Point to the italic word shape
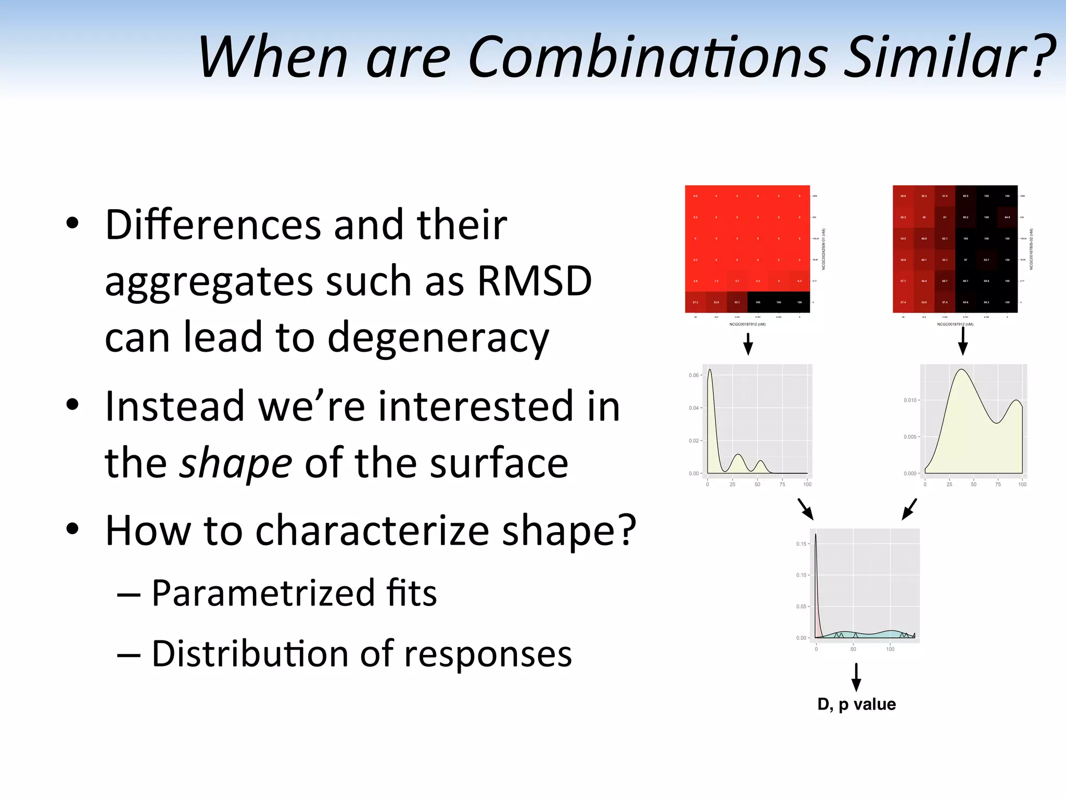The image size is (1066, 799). tap(235, 463)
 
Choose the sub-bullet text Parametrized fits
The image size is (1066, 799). tap(294, 593)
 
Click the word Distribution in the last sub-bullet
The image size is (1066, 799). tap(250, 654)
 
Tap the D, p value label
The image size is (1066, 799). tap(856, 704)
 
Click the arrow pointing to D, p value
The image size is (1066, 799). tap(856, 676)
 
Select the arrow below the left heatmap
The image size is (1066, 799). tap(748, 343)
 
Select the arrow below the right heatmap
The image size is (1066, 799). tap(963, 341)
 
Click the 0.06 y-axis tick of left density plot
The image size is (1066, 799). tap(693, 375)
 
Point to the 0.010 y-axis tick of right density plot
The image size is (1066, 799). tap(910, 400)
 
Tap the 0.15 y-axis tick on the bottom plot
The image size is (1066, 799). tap(801, 544)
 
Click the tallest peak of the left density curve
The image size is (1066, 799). tap(709, 370)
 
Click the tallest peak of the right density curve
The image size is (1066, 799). tap(962, 370)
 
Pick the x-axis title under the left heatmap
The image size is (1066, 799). tap(747, 324)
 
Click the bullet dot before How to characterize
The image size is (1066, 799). tap(72, 529)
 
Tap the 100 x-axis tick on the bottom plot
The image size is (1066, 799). tap(890, 649)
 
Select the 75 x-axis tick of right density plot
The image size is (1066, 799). tap(998, 484)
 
